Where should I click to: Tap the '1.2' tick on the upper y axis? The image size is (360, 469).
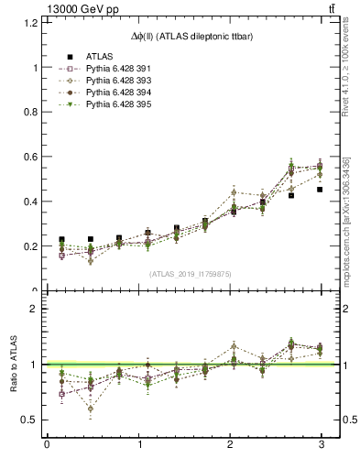(x=28, y=23)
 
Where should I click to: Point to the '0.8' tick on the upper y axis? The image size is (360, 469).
(x=28, y=113)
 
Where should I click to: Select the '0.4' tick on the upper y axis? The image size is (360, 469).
(x=28, y=202)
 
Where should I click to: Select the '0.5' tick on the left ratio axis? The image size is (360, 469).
(x=28, y=420)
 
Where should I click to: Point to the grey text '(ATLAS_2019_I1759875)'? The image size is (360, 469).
(x=190, y=274)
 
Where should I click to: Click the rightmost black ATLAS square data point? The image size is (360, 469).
(x=320, y=190)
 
